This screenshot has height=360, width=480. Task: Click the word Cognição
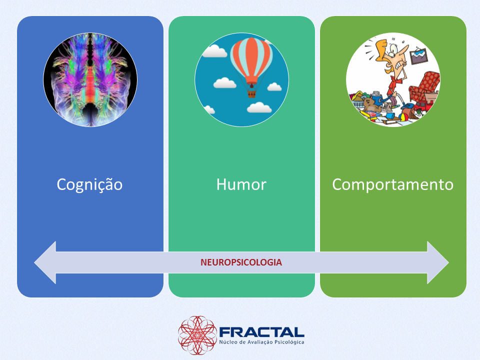coord(89,185)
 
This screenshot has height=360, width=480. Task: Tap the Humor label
coord(241,184)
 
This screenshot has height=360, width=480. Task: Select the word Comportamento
coord(393,185)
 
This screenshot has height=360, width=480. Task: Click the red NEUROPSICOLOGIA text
coord(241,262)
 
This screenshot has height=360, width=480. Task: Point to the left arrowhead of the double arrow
coord(45,262)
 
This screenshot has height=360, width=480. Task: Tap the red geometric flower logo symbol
coord(197,335)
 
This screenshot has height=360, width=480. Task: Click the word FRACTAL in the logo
coord(261,332)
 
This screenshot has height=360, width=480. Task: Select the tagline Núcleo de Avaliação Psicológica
coord(261,342)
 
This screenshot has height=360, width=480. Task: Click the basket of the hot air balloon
coord(251,93)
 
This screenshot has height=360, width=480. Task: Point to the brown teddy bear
coord(371,104)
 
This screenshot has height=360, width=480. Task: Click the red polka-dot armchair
coord(424,87)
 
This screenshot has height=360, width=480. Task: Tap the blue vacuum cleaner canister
coord(377,97)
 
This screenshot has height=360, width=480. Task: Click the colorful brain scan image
coord(90,80)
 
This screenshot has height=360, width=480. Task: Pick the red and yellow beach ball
coord(404,116)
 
